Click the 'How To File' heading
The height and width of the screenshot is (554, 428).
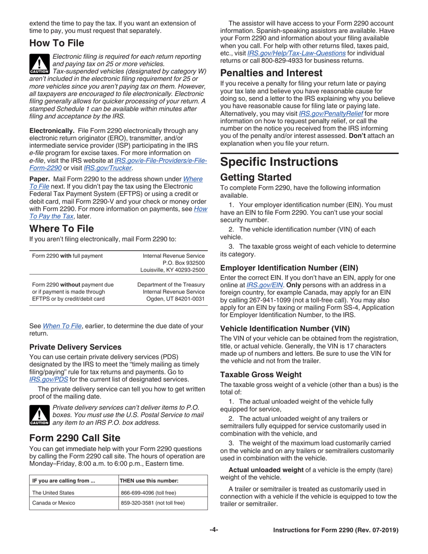57,44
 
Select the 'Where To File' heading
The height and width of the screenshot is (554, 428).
62,228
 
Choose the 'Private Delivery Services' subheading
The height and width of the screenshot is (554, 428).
75,347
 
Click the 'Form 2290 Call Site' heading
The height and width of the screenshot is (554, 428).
74,438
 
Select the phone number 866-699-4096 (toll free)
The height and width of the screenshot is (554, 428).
148,493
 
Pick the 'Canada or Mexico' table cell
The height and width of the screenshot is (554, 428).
54,503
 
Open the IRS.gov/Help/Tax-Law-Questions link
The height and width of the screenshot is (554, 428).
296,53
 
